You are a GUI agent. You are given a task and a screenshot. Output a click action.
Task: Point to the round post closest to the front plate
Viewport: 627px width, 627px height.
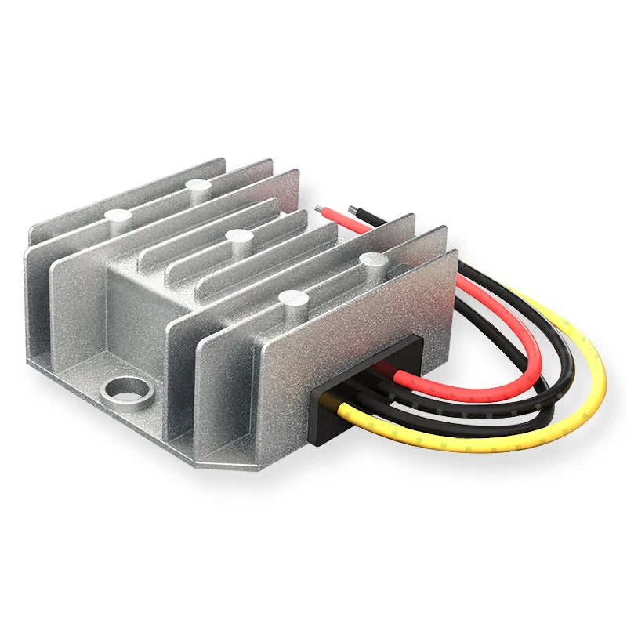tap(294, 299)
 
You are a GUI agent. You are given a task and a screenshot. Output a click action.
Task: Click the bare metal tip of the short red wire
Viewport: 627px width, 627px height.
tap(319, 210)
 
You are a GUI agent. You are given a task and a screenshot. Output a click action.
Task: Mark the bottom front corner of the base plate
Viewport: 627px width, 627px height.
tap(259, 469)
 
